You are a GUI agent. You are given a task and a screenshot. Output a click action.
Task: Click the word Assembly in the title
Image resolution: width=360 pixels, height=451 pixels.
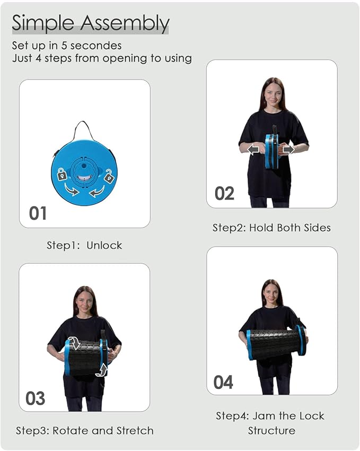125,23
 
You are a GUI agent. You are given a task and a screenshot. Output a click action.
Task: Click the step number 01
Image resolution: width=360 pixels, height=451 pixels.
38,213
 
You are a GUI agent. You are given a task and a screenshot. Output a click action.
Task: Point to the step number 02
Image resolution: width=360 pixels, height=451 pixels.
224,193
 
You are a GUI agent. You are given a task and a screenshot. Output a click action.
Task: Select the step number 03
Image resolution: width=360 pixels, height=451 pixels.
36,398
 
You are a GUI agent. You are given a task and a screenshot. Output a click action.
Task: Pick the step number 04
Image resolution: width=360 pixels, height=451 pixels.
223,382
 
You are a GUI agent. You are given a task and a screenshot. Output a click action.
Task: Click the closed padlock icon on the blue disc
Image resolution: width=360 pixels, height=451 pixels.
62,174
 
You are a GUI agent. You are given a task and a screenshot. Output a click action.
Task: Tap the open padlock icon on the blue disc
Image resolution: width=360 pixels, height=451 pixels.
109,176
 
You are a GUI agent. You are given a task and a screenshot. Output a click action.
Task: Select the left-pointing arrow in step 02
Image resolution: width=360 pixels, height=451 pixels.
253,150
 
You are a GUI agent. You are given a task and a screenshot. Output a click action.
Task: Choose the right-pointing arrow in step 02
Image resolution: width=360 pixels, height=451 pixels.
289,150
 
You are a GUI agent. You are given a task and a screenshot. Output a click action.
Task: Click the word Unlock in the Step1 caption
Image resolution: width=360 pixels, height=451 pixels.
104,245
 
